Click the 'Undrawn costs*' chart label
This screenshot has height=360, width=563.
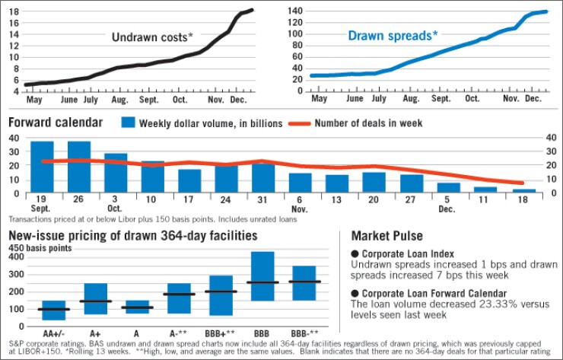[151, 37]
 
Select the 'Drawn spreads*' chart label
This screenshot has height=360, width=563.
[393, 35]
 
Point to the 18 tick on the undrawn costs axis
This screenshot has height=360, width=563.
[14, 11]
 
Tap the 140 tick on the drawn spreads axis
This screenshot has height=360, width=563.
[293, 11]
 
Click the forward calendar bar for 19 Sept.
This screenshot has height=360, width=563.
[42, 166]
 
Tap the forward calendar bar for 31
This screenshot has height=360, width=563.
[262, 177]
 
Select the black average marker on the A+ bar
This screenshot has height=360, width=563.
[95, 301]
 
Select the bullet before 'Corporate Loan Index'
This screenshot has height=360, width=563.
[355, 253]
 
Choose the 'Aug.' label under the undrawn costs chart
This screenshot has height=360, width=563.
[119, 100]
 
